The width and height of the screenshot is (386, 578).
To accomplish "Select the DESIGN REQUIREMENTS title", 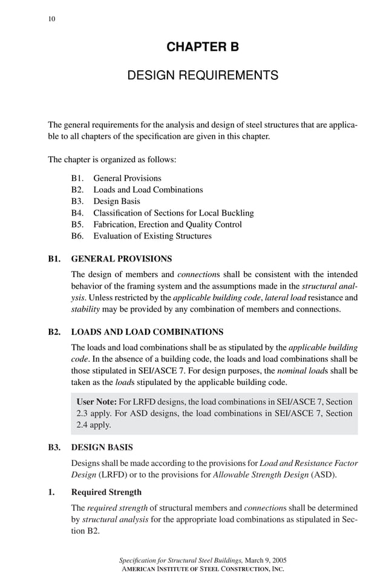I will [x=202, y=76].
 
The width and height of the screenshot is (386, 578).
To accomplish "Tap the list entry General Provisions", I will [x=127, y=179].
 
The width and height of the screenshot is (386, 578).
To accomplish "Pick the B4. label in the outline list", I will [x=77, y=213].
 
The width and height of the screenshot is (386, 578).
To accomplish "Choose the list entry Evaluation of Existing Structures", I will [x=152, y=236].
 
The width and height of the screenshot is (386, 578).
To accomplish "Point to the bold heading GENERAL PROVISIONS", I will [x=121, y=259].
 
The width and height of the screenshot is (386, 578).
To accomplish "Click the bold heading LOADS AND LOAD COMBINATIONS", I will [x=147, y=332].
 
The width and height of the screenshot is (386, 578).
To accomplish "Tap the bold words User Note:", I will [x=96, y=402].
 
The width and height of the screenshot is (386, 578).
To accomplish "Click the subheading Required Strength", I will [x=106, y=493].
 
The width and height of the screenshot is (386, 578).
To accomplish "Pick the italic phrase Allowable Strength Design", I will [x=260, y=475].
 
